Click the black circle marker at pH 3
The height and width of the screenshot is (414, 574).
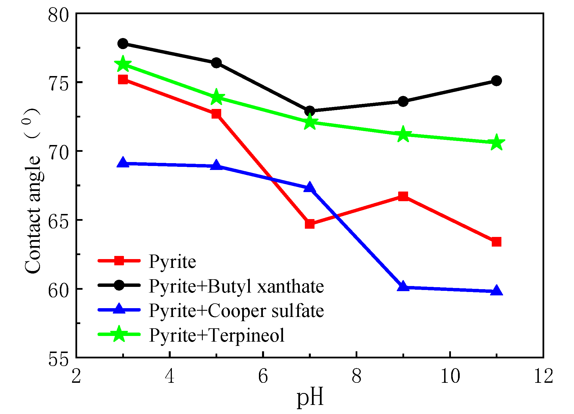pyautogui.click(x=123, y=44)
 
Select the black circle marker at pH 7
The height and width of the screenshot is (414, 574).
pyautogui.click(x=310, y=111)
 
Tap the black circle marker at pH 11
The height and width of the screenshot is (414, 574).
pyautogui.click(x=496, y=81)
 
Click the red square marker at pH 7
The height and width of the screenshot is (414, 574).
pyautogui.click(x=310, y=224)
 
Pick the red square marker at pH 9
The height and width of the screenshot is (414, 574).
pyautogui.click(x=403, y=196)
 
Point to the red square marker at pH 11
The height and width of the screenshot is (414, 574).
pyautogui.click(x=496, y=242)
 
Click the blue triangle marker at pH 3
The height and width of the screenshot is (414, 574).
pyautogui.click(x=123, y=163)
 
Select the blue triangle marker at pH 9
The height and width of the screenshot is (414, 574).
pyautogui.click(x=403, y=286)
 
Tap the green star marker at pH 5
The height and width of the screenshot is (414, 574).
pyautogui.click(x=216, y=97)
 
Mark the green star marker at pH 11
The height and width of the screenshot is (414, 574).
pyautogui.click(x=496, y=142)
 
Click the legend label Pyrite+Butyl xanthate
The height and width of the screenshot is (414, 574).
pyautogui.click(x=236, y=286)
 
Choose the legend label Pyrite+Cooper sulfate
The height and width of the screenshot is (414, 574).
pyautogui.click(x=236, y=310)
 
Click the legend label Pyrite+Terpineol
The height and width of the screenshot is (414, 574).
pyautogui.click(x=217, y=335)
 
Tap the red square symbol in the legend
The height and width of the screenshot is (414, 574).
pyautogui.click(x=119, y=260)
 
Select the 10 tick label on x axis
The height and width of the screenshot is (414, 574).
pyautogui.click(x=450, y=376)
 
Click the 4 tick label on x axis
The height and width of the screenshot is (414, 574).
pyautogui.click(x=170, y=376)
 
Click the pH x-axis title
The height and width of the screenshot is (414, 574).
pyautogui.click(x=310, y=398)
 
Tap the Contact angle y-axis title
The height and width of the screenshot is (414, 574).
pyautogui.click(x=33, y=190)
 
